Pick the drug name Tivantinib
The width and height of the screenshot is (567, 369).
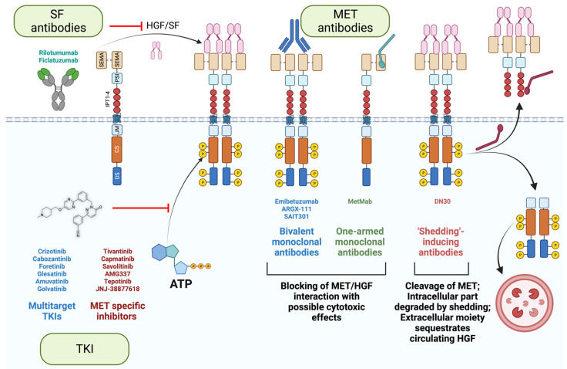(124, 251)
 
